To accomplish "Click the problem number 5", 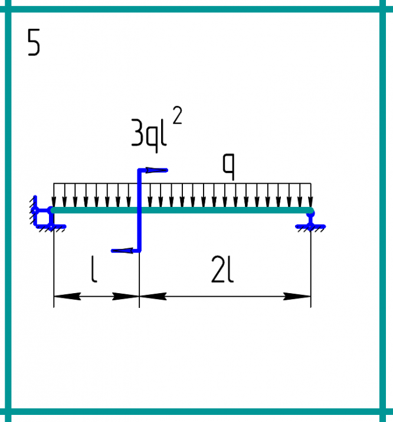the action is point(34,43).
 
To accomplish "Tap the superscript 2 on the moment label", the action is point(177,115).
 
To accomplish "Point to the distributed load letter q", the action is point(229,167).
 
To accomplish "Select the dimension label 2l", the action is point(222,269).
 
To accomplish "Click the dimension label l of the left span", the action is point(93,269).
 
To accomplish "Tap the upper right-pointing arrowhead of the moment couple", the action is point(156,170).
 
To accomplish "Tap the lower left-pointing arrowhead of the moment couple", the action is point(122,251).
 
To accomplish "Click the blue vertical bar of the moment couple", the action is point(139,210).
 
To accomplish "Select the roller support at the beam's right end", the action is point(310,220).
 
